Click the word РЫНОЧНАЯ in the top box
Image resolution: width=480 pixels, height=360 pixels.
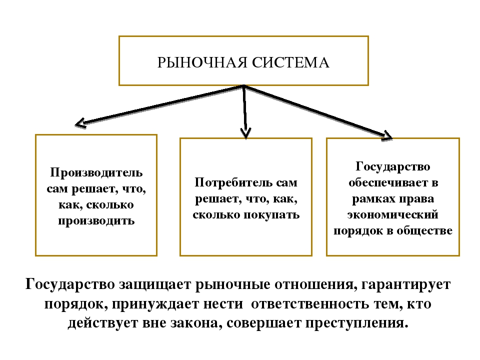pyautogui.click(x=202, y=62)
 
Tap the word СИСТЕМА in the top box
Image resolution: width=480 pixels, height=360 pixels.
pyautogui.click(x=290, y=62)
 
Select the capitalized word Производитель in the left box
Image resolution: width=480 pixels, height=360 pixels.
pyautogui.click(x=96, y=173)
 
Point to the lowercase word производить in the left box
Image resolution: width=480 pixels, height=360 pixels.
pyautogui.click(x=96, y=220)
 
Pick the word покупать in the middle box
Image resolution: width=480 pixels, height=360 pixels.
pyautogui.click(x=271, y=214)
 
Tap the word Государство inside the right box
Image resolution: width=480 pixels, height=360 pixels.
pyautogui.click(x=393, y=167)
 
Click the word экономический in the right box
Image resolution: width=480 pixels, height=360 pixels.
pyautogui.click(x=393, y=214)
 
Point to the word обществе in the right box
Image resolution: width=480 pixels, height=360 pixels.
pyautogui.click(x=424, y=230)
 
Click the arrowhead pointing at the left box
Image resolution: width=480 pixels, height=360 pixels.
pyautogui.click(x=81, y=123)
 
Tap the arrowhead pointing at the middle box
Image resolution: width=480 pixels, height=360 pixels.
pyautogui.click(x=246, y=133)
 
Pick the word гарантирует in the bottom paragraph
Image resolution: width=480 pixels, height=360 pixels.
pyautogui.click(x=406, y=284)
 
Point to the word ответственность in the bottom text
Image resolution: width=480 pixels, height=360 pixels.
pyautogui.click(x=310, y=304)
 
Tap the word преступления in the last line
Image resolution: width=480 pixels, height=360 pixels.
pyautogui.click(x=357, y=323)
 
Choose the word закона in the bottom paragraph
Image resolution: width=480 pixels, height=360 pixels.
pyautogui.click(x=196, y=323)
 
